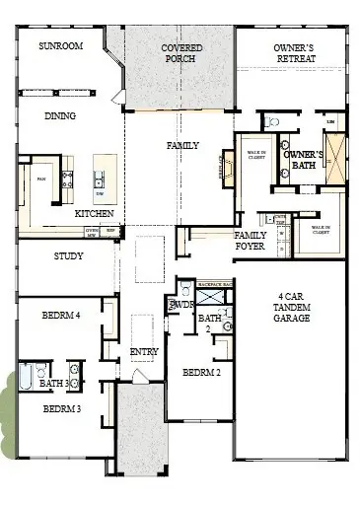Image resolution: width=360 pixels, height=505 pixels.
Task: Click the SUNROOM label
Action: pos(59,46)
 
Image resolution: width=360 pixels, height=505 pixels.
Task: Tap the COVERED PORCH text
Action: pos(181,53)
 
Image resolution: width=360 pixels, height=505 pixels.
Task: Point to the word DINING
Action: pos(59,115)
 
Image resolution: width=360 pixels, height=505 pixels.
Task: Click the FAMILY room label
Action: pos(182,145)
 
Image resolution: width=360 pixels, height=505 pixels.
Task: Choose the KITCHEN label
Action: pos(94,213)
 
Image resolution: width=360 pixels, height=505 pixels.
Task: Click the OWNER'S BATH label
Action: pos(302,161)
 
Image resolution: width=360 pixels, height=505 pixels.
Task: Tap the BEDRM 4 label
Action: pos(61,316)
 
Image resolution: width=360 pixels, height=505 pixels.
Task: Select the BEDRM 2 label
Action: pos(200,373)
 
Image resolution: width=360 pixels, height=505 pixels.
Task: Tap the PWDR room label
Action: pos(181,306)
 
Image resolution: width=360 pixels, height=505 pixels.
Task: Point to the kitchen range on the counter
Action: pos(67,179)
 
